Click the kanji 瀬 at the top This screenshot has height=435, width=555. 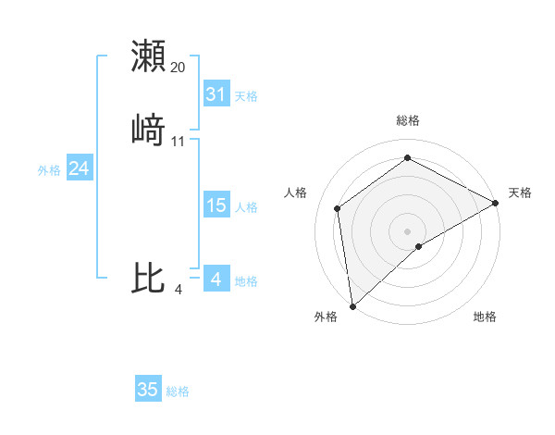point(148,56)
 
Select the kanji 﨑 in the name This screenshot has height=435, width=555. point(148,130)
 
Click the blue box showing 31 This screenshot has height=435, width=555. point(216,94)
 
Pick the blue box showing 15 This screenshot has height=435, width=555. point(216,205)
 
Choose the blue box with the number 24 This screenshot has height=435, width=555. point(80,168)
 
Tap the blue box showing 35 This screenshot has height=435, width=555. point(148,390)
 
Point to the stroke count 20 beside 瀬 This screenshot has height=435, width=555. point(179,68)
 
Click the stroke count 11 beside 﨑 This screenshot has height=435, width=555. point(179,142)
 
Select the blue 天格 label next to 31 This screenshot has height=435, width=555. point(246,96)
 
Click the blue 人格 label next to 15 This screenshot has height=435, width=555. point(246,207)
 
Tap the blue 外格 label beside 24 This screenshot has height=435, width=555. point(49,170)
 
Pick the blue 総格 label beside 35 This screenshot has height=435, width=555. point(178,391)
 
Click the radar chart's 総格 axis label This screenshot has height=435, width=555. point(407,120)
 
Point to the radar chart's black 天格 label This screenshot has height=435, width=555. point(520,193)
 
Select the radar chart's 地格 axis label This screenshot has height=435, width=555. point(485,317)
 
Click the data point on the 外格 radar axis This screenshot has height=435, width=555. point(352,305)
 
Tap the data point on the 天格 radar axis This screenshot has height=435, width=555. point(497,203)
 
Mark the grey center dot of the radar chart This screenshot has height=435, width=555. point(407,230)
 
